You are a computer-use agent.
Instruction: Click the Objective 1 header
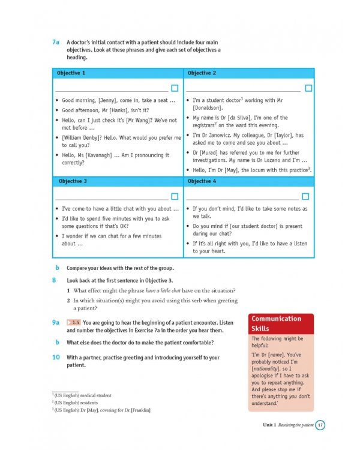tap(71, 73)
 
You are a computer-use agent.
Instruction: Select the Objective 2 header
tap(202, 73)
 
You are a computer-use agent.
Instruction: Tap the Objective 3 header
tap(73, 181)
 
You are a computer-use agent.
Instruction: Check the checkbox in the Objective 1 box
tap(175, 88)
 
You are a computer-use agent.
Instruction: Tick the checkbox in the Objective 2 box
tap(308, 88)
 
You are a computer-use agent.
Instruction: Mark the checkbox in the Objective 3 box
tap(175, 196)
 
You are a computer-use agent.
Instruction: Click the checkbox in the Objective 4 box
tap(305, 196)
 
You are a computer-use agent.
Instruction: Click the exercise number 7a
tap(56, 42)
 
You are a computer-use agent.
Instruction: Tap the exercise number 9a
tap(56, 322)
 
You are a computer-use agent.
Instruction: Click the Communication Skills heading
tap(276, 323)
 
